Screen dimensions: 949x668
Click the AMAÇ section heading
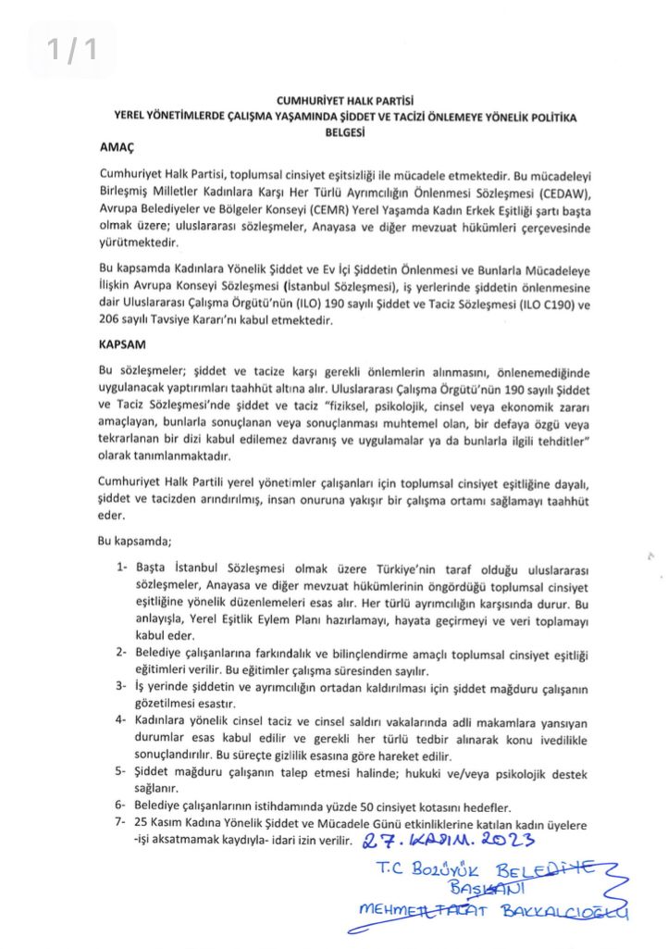pos(117,145)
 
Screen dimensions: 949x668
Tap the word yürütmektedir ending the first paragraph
pos(136,244)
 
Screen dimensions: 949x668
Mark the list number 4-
pos(121,720)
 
